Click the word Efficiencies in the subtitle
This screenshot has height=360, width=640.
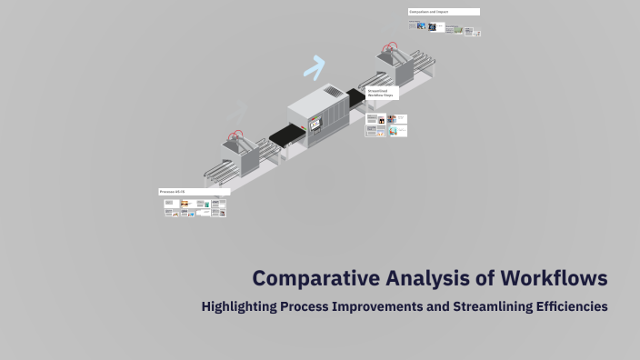(570, 306)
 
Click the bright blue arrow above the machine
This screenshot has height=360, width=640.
(315, 66)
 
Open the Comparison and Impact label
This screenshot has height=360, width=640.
(444, 12)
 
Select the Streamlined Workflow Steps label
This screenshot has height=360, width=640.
(382, 93)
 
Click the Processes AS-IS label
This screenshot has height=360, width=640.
(194, 192)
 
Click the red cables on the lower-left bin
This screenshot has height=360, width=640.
(237, 136)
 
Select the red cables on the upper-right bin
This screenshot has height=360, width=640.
(391, 45)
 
